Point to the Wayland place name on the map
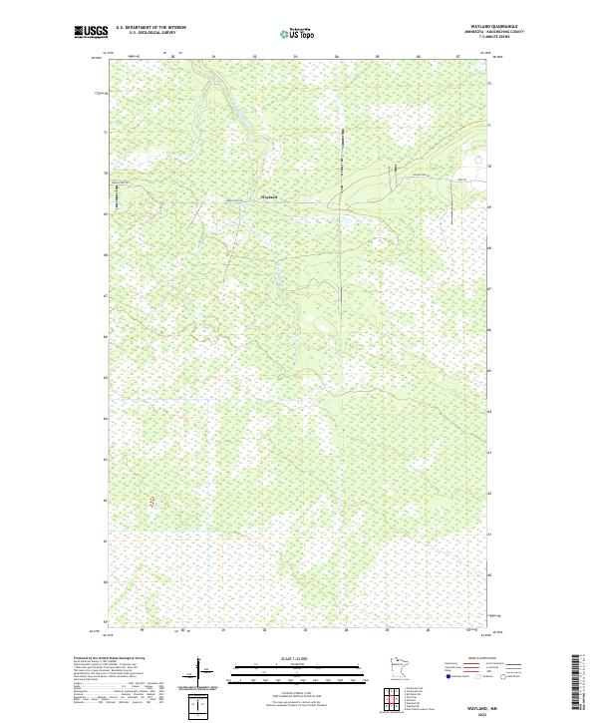point(268,197)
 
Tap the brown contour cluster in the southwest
point(151,504)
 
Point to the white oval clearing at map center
point(318,321)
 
